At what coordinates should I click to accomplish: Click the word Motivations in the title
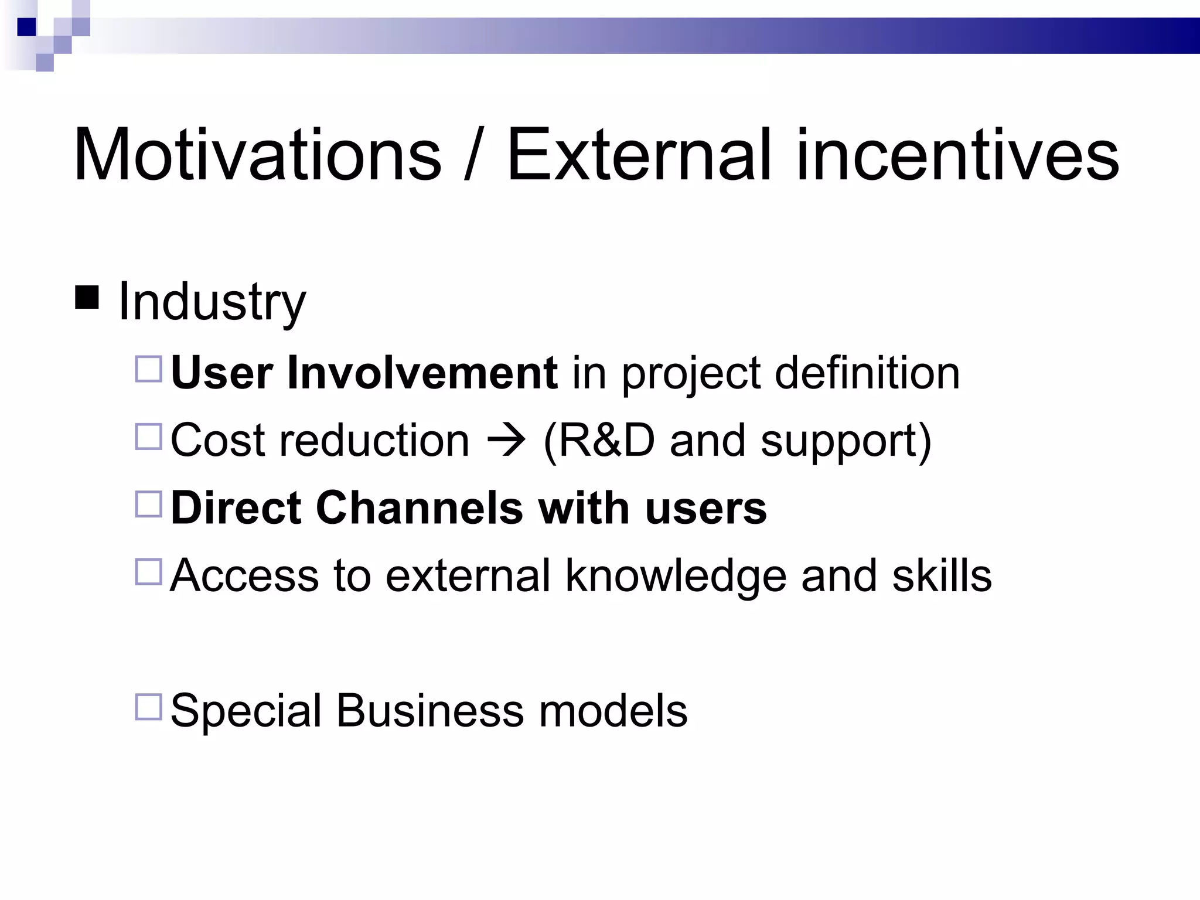coord(257,155)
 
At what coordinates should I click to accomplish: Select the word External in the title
coord(638,155)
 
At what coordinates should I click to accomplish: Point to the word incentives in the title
coord(957,155)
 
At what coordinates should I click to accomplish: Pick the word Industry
coord(212,302)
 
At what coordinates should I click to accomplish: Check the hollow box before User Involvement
coord(148,370)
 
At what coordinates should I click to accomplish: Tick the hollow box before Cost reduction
coord(148,437)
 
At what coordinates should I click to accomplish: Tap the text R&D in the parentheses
coord(606,440)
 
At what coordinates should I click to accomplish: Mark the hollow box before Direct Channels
coord(148,504)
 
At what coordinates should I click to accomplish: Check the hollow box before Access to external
coord(148,572)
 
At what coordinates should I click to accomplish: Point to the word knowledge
coord(675,576)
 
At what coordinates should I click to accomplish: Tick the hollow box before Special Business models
coord(148,707)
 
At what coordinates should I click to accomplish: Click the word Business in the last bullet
coord(429,710)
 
